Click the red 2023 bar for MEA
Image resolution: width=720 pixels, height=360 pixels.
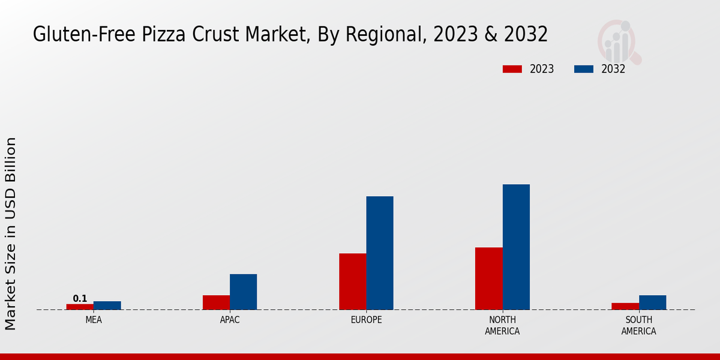(80, 307)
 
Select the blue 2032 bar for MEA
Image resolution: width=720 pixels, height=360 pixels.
(107, 305)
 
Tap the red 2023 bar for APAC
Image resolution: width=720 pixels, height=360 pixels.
(216, 302)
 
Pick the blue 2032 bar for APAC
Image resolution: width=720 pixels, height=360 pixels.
(243, 292)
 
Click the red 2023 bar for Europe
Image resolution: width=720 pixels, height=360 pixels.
(352, 281)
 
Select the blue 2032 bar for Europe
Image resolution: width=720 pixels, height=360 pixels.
(380, 253)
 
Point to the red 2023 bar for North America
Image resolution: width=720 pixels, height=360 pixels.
(488, 278)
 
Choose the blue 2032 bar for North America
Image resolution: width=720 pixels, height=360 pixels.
(516, 247)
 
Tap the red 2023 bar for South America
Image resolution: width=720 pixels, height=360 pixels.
(625, 306)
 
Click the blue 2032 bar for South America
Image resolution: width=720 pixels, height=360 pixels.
(652, 302)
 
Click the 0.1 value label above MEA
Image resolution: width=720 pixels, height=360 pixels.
(80, 299)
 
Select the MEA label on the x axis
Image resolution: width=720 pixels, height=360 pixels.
(94, 320)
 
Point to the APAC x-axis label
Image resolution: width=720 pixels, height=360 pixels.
(230, 320)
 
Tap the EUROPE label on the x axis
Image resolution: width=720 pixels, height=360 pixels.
(366, 320)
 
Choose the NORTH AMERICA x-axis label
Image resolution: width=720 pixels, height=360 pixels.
(502, 325)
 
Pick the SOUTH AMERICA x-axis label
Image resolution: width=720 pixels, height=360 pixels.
(638, 325)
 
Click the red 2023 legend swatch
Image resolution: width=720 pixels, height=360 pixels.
(512, 69)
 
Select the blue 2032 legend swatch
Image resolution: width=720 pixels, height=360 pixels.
(583, 69)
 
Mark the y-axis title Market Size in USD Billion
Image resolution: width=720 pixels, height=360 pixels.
(11, 233)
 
